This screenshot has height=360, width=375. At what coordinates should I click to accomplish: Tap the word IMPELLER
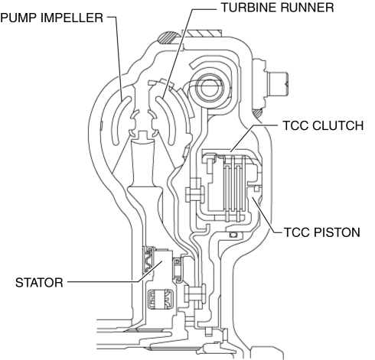(72, 18)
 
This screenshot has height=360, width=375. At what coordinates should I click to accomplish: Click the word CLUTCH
(337, 125)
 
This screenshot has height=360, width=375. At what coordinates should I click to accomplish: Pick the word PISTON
(337, 232)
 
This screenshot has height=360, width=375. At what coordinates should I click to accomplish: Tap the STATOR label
(39, 283)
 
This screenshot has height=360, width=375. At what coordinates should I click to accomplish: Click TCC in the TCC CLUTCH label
(295, 125)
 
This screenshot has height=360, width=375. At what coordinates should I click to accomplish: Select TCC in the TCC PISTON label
(297, 232)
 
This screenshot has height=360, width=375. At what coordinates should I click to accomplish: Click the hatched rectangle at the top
(204, 34)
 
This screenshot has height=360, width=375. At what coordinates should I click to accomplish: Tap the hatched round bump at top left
(167, 38)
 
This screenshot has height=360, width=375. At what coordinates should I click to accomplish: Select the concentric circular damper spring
(210, 88)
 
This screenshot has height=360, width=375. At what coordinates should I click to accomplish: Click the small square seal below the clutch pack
(233, 235)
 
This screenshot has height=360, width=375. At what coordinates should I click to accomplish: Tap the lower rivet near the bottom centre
(196, 294)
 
